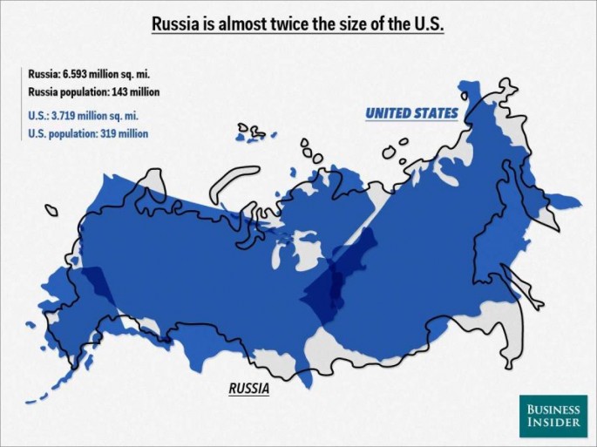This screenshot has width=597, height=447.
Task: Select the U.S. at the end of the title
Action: coord(426,24)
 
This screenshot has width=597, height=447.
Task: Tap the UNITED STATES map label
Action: coord(410,113)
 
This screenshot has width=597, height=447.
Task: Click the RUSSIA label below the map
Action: coord(248,389)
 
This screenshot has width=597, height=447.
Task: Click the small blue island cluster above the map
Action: coord(253,133)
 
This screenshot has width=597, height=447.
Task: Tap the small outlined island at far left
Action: coord(51,210)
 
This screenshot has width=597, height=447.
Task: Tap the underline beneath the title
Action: coord(298,37)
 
